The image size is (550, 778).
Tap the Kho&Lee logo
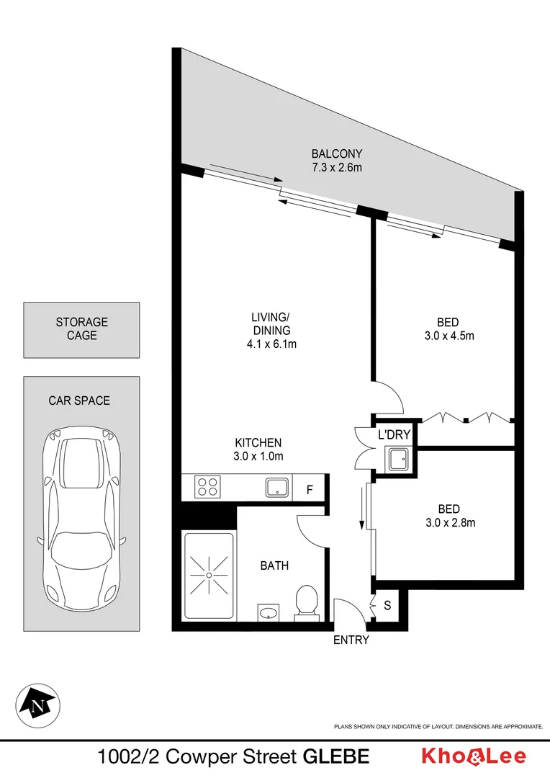click(x=473, y=756)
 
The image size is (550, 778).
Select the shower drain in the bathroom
click(x=209, y=576)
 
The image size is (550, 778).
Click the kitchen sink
click(x=277, y=488)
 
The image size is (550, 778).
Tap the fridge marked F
click(x=310, y=490)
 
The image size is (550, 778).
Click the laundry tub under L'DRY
click(x=398, y=459)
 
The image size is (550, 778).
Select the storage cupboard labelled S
click(x=387, y=606)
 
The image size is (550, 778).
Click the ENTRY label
click(x=351, y=640)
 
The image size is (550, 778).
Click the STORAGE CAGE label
click(x=81, y=328)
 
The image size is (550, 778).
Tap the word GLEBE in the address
click(x=336, y=756)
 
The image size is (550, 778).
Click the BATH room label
click(x=274, y=565)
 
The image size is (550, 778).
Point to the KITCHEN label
click(x=258, y=442)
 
